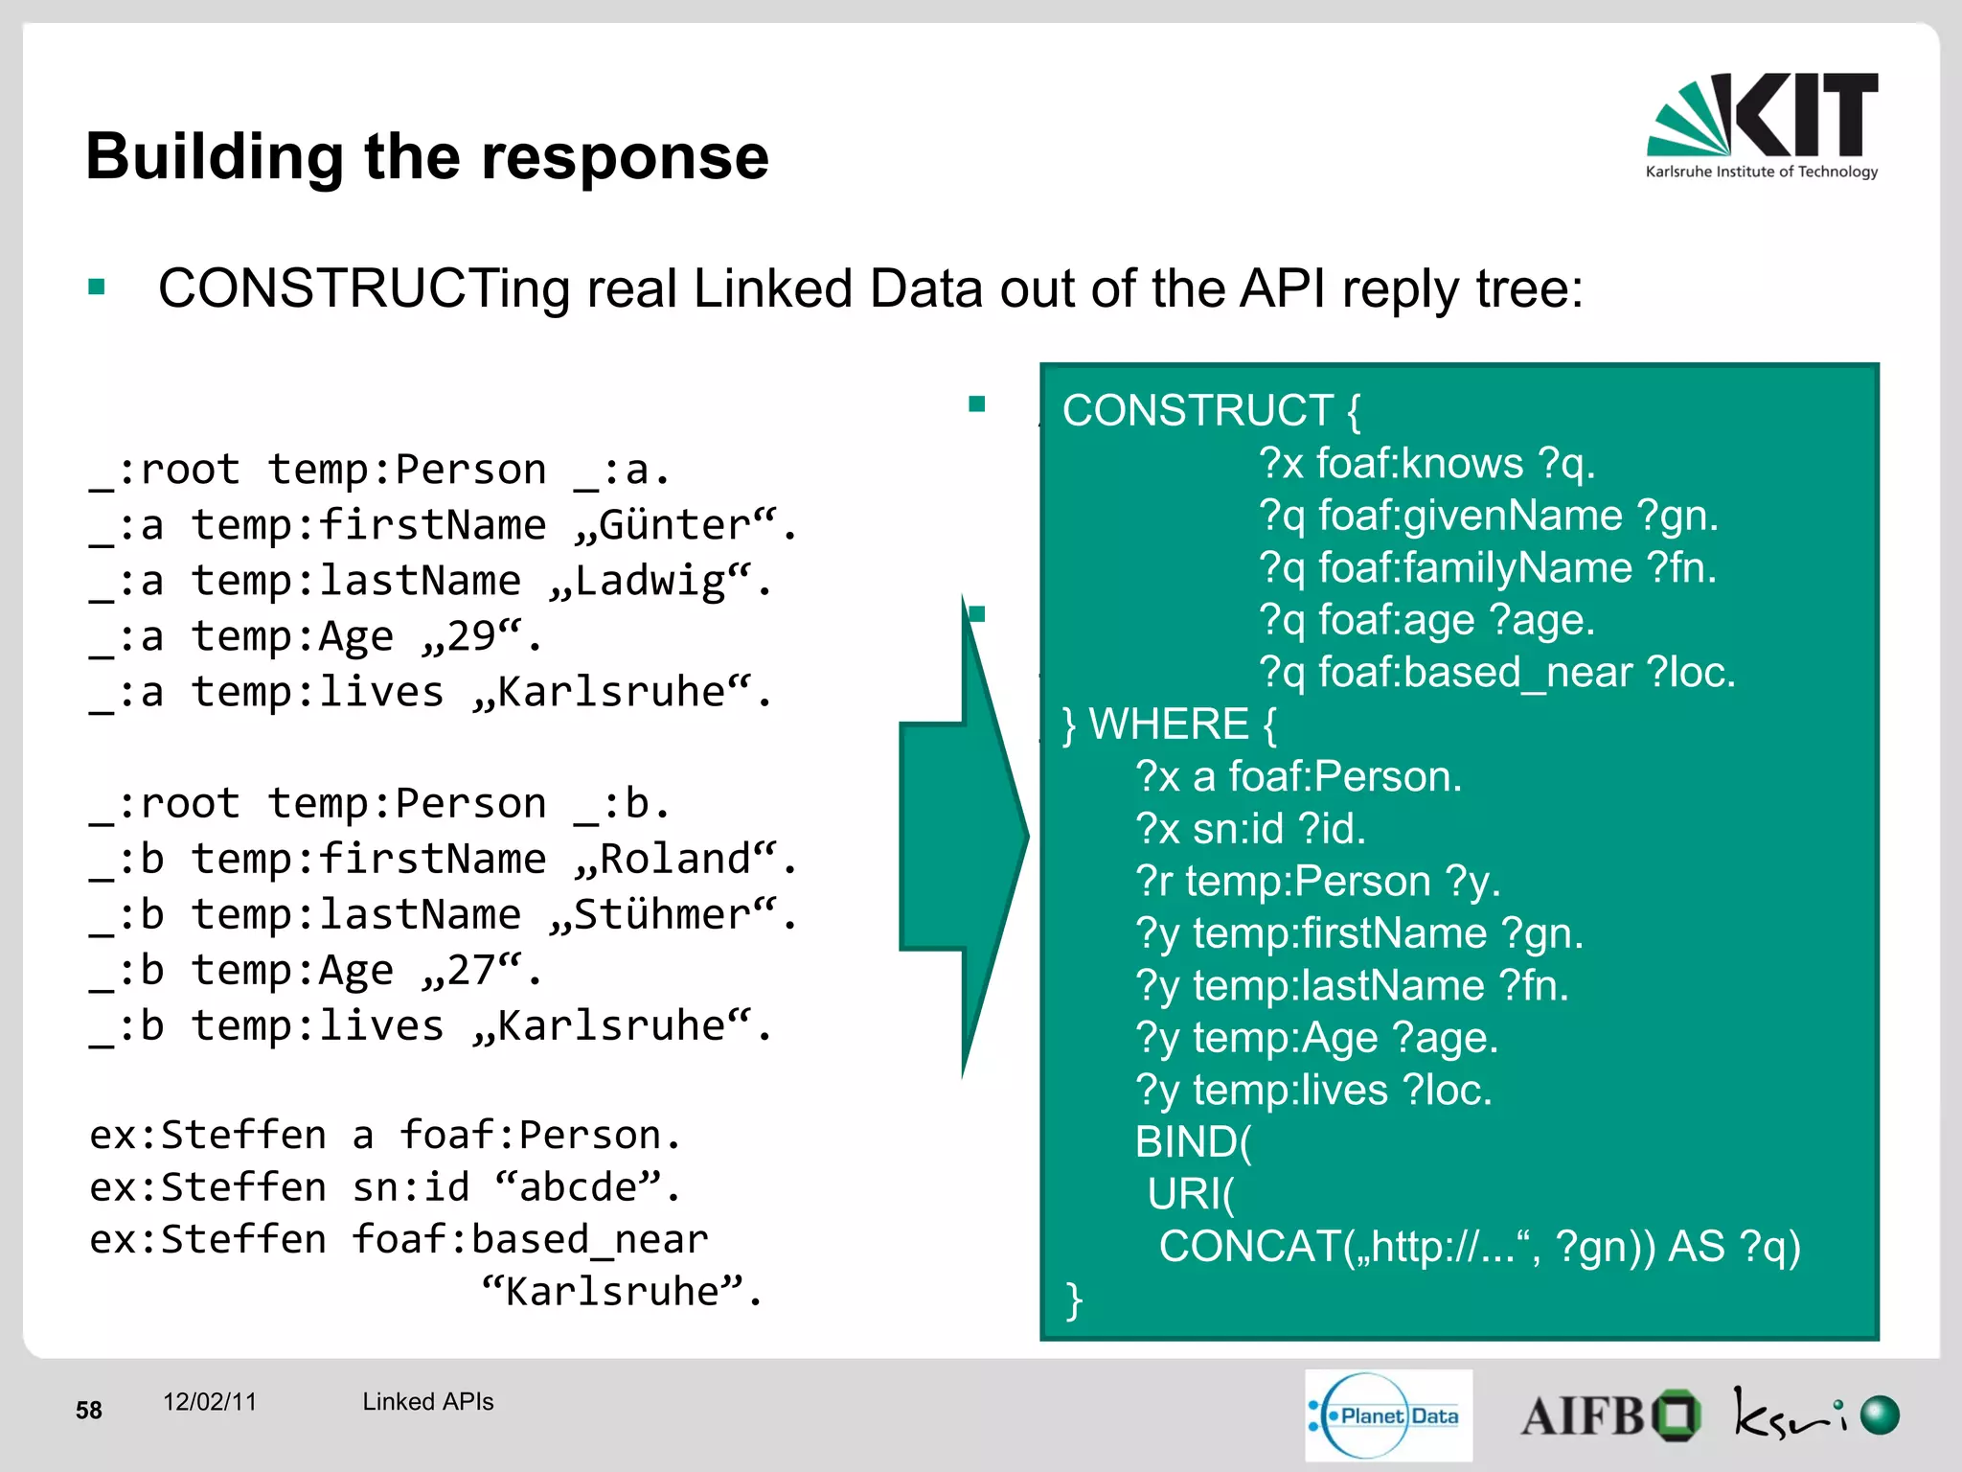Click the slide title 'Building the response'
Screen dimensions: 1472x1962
[x=427, y=156]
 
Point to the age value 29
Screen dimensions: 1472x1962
[x=471, y=636]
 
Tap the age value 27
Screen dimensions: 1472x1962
[x=471, y=970]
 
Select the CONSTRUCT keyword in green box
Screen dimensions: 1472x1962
[x=1198, y=411]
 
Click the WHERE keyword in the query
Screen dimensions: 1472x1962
[x=1169, y=724]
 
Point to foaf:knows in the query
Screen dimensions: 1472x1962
[x=1419, y=464]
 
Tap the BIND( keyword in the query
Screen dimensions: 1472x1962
[x=1192, y=1142]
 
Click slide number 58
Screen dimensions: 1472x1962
[x=89, y=1410]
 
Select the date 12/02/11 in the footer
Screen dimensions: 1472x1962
[x=210, y=1402]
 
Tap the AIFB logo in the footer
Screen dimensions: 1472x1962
[x=1609, y=1415]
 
